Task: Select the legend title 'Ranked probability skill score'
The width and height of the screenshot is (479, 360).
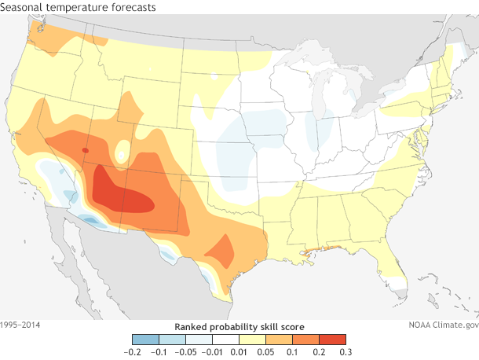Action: tap(239, 326)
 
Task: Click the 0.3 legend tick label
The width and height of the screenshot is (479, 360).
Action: tap(346, 351)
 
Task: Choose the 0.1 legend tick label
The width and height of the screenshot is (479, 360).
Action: tap(292, 351)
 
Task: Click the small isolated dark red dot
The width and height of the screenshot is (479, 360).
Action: tap(85, 149)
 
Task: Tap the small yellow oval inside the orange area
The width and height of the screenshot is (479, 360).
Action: tap(122, 150)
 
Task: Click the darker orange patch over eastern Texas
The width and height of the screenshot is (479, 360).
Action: tap(221, 251)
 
